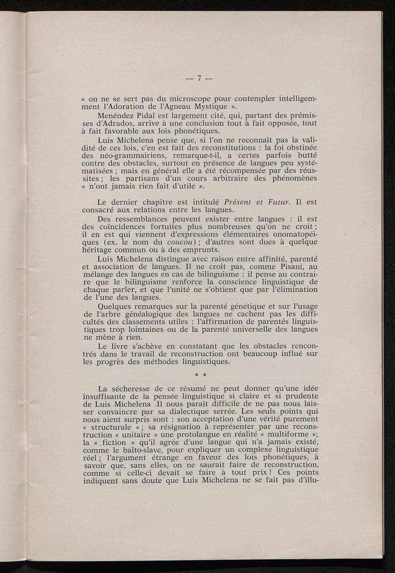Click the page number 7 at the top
(x=199, y=78)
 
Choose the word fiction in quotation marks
(x=116, y=443)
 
